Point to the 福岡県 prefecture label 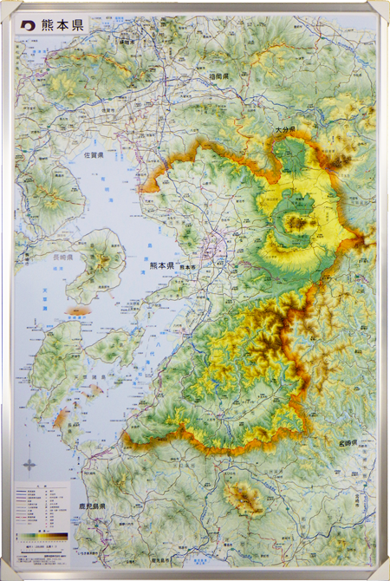(x=218, y=77)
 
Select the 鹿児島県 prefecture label (x=89, y=506)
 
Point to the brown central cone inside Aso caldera (x=297, y=224)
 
